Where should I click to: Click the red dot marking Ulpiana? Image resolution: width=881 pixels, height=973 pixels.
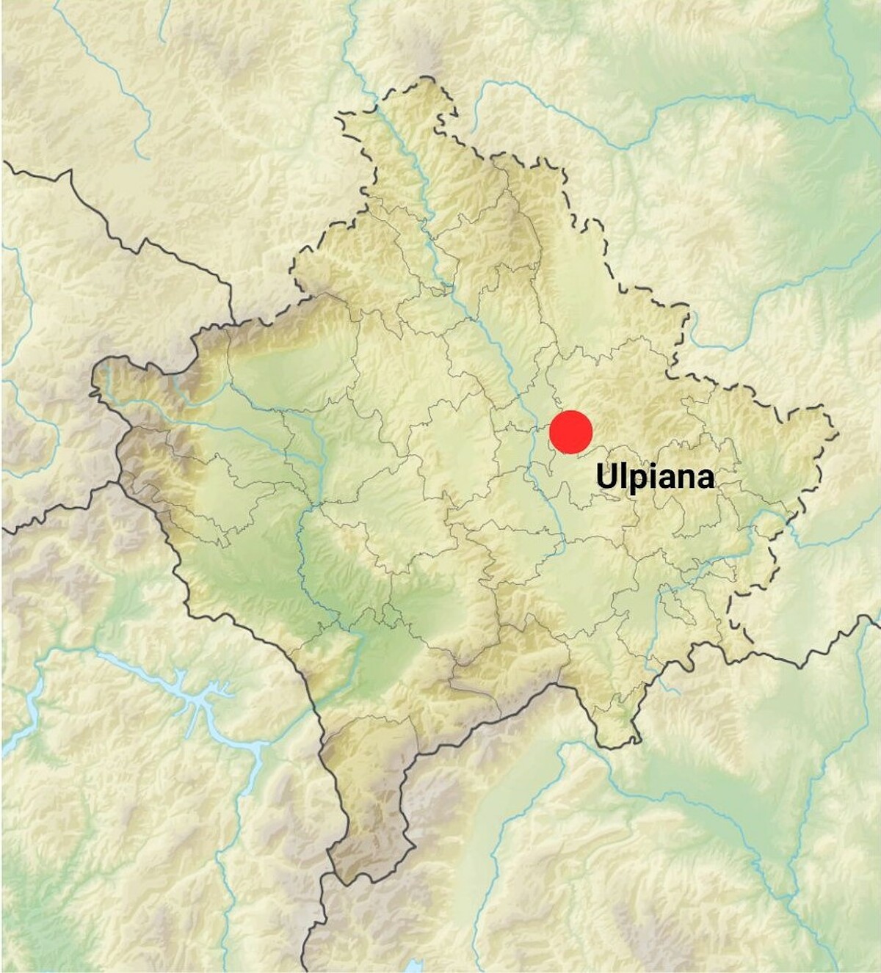(x=570, y=432)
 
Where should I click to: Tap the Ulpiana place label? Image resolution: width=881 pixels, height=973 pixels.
(x=655, y=477)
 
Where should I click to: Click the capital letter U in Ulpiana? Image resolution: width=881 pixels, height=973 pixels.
(x=606, y=475)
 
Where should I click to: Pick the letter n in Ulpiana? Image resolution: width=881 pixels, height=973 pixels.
(x=684, y=478)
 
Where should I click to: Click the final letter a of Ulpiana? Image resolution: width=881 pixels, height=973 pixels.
(x=704, y=478)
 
